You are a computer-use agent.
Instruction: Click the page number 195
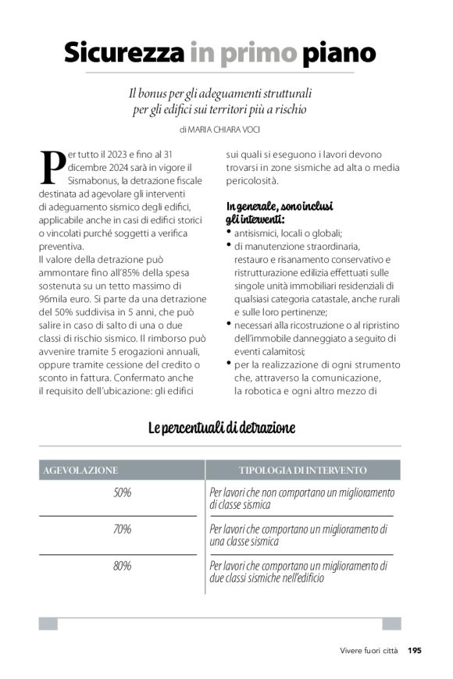pyautogui.click(x=414, y=650)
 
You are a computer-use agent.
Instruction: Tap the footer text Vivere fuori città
pyautogui.click(x=369, y=650)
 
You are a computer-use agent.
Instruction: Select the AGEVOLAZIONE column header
pyautogui.click(x=79, y=471)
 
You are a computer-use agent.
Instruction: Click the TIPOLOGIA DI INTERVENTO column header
pyautogui.click(x=302, y=471)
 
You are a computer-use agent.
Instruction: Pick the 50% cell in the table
pyautogui.click(x=122, y=492)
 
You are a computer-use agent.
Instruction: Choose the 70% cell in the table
pyautogui.click(x=122, y=529)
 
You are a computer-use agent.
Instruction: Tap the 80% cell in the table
pyautogui.click(x=122, y=566)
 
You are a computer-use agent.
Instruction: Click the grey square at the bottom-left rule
pyautogui.click(x=48, y=624)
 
